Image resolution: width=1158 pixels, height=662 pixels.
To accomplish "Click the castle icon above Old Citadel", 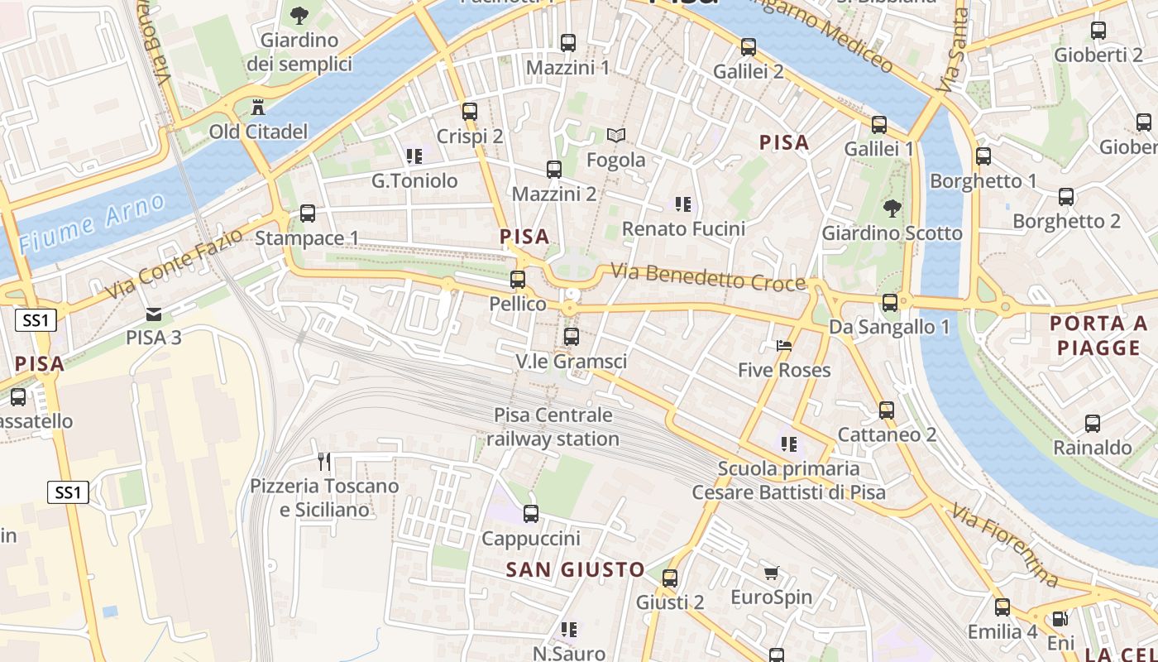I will [x=258, y=108].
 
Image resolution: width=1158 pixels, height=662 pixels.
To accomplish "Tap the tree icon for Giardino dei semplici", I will [x=299, y=14].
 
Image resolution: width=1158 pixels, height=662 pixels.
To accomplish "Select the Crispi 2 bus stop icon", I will [x=470, y=112].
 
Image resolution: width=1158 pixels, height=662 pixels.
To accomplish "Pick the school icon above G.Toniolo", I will [x=414, y=156].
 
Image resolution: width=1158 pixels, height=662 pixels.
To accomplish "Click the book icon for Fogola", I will [x=616, y=135].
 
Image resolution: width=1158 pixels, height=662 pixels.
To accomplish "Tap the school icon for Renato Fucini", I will [x=682, y=204].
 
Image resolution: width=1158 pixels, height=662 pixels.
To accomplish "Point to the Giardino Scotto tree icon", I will [x=892, y=209].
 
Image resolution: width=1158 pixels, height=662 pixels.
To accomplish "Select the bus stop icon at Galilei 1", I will [x=879, y=125].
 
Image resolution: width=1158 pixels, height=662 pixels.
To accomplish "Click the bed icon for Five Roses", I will [x=784, y=345].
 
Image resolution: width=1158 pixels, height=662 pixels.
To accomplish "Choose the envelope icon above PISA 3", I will [x=154, y=314].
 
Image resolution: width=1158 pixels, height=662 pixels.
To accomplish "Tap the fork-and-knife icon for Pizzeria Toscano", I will [x=324, y=461].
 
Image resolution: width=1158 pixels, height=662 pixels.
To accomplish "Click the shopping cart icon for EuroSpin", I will [x=772, y=573].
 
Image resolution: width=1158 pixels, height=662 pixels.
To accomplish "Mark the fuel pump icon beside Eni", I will [x=1059, y=618].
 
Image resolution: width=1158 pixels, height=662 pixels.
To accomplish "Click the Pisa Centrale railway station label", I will [x=553, y=427].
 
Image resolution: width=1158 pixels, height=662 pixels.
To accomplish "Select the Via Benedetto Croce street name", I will [x=708, y=277].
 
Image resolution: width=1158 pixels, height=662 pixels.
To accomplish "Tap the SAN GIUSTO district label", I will [x=575, y=569].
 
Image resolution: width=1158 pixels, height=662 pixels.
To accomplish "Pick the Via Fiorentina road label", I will [x=1004, y=545].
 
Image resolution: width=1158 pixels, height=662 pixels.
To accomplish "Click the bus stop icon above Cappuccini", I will [x=531, y=514].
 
